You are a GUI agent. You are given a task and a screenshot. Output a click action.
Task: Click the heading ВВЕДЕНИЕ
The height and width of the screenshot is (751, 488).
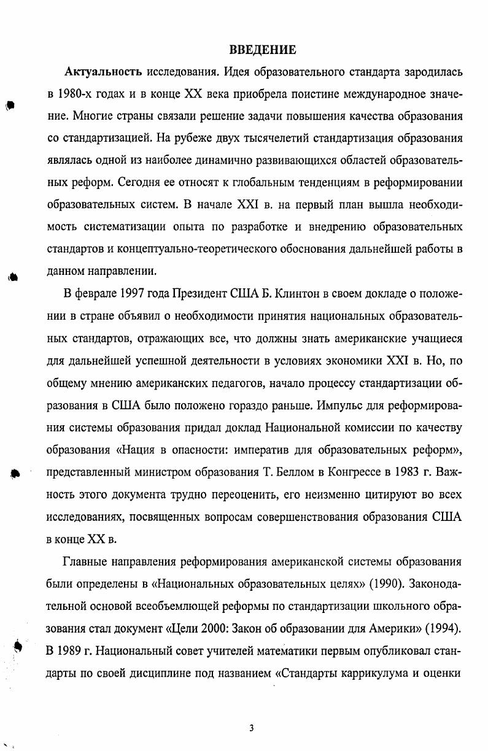(x=254, y=50)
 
